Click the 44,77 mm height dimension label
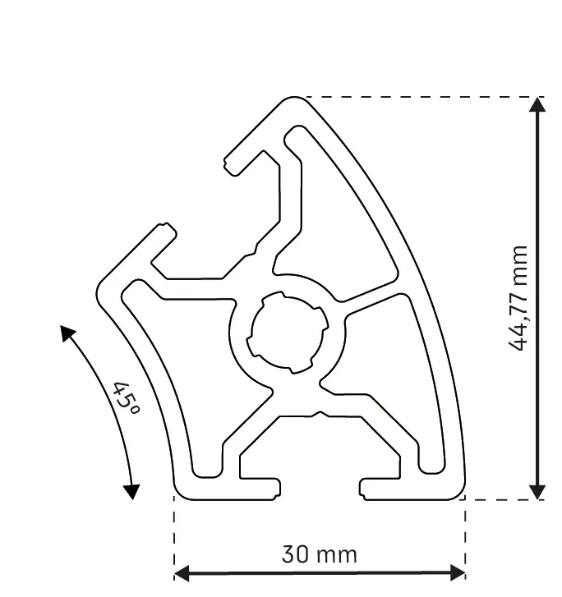click(518, 298)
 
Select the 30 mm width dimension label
click(320, 555)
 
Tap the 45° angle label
click(126, 399)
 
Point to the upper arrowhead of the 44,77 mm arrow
click(537, 105)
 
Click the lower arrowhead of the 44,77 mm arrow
click(537, 490)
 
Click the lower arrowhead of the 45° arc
click(131, 491)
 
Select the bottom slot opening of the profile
click(320, 489)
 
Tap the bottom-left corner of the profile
click(179, 493)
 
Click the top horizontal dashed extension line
click(419, 97)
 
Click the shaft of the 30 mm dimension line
click(320, 572)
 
